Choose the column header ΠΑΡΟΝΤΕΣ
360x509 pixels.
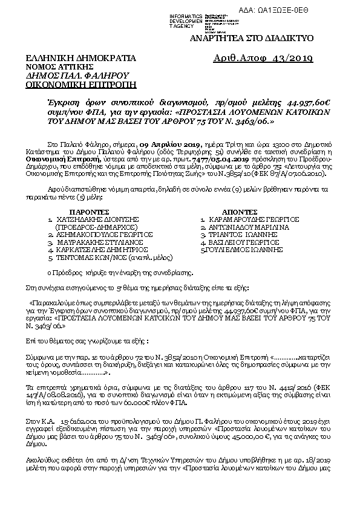coord(78,213)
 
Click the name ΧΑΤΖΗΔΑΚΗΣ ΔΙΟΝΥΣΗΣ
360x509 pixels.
coord(91,221)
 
